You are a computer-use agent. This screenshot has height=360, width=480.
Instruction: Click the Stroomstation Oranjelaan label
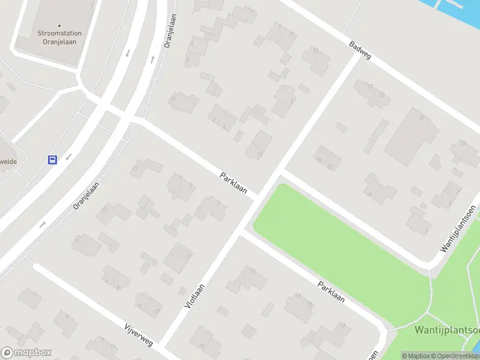[x=59, y=37]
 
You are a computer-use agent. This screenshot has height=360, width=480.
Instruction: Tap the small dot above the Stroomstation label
[x=59, y=25]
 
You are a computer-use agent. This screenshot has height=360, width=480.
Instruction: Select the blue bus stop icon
[x=53, y=160]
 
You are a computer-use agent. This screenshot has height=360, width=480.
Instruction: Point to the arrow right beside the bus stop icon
[x=68, y=157]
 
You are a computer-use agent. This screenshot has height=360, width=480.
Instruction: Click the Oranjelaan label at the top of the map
[x=170, y=31]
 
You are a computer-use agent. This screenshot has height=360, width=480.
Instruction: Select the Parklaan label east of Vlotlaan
[x=331, y=292]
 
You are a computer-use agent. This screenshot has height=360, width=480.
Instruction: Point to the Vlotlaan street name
[x=193, y=296]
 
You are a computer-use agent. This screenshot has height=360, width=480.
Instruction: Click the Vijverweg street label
[x=139, y=335]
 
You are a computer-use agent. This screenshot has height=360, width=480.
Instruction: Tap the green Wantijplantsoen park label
[x=446, y=330]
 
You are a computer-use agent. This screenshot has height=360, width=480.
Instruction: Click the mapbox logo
[x=26, y=353]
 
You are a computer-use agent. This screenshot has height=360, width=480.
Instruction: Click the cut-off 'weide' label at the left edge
[x=7, y=161]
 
